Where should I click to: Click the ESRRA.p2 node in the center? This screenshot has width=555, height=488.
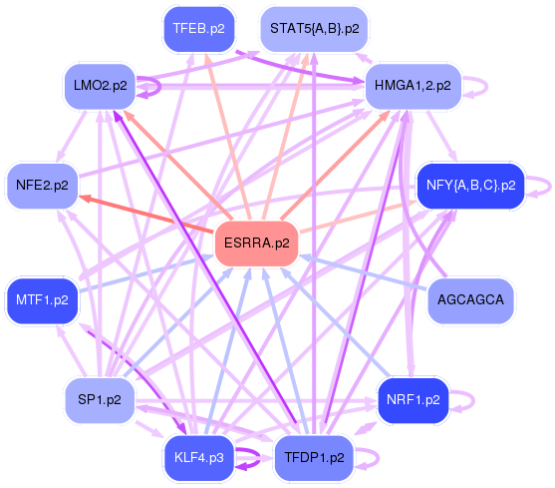(257, 243)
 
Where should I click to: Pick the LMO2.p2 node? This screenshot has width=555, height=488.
(100, 86)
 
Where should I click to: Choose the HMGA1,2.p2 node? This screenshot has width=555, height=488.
(413, 86)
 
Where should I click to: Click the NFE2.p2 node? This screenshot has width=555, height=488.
(42, 186)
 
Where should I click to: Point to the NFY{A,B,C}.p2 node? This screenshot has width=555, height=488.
(469, 185)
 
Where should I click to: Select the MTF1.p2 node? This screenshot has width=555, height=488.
(42, 299)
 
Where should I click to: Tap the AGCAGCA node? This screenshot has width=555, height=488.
(470, 299)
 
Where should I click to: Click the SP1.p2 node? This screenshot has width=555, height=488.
(100, 399)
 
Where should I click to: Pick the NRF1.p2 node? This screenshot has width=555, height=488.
(413, 399)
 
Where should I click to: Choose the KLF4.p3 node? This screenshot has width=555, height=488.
(197, 457)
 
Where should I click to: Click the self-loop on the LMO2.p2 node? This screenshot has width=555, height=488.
(152, 87)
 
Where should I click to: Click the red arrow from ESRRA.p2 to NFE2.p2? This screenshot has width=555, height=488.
(149, 215)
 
